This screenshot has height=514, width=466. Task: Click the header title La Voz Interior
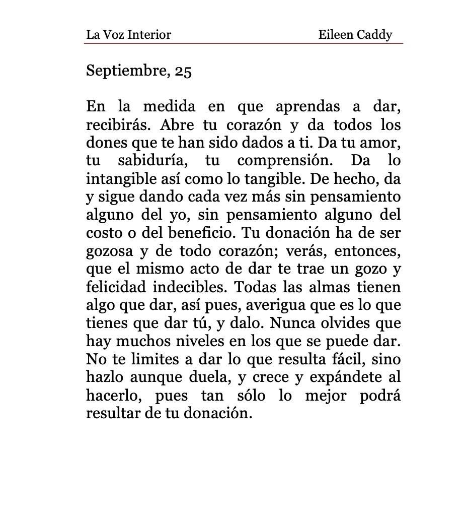pyautogui.click(x=128, y=35)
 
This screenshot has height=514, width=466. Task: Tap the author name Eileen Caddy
pyautogui.click(x=355, y=35)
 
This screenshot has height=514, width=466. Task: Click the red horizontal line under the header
pyautogui.click(x=244, y=44)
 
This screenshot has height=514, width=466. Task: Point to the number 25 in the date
pyautogui.click(x=183, y=71)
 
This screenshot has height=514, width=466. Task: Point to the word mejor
pyautogui.click(x=326, y=396)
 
